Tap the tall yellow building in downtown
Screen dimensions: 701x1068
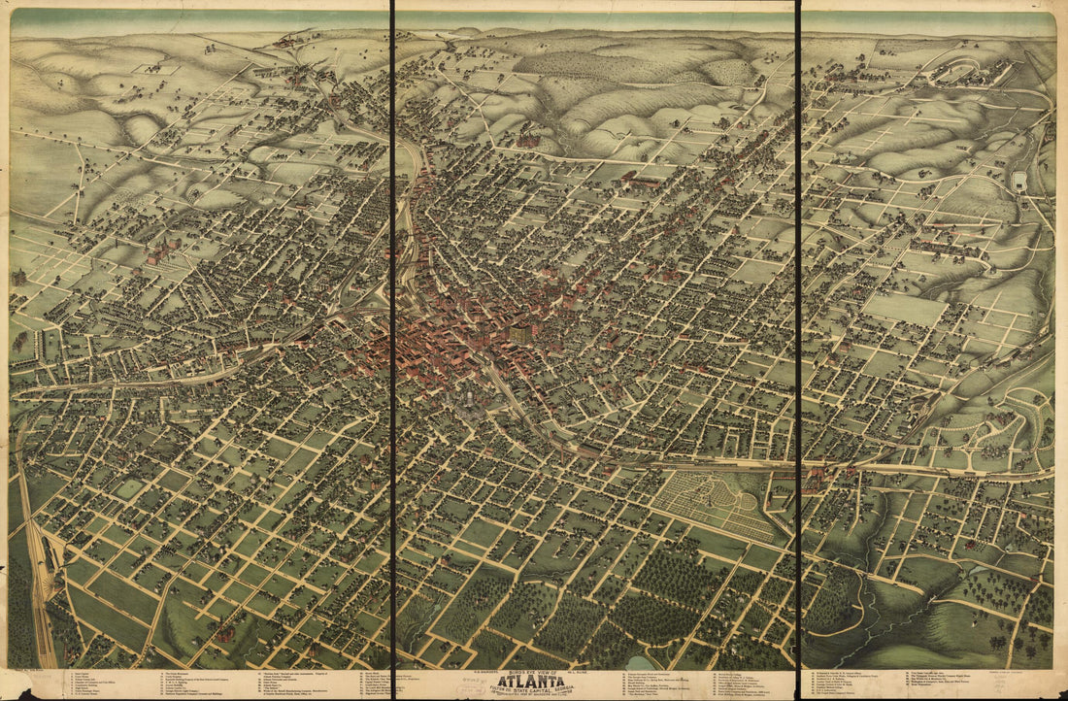coord(521,333)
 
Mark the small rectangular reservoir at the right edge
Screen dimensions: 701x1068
coord(1018,182)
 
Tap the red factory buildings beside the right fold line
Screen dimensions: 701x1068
coord(816,477)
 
